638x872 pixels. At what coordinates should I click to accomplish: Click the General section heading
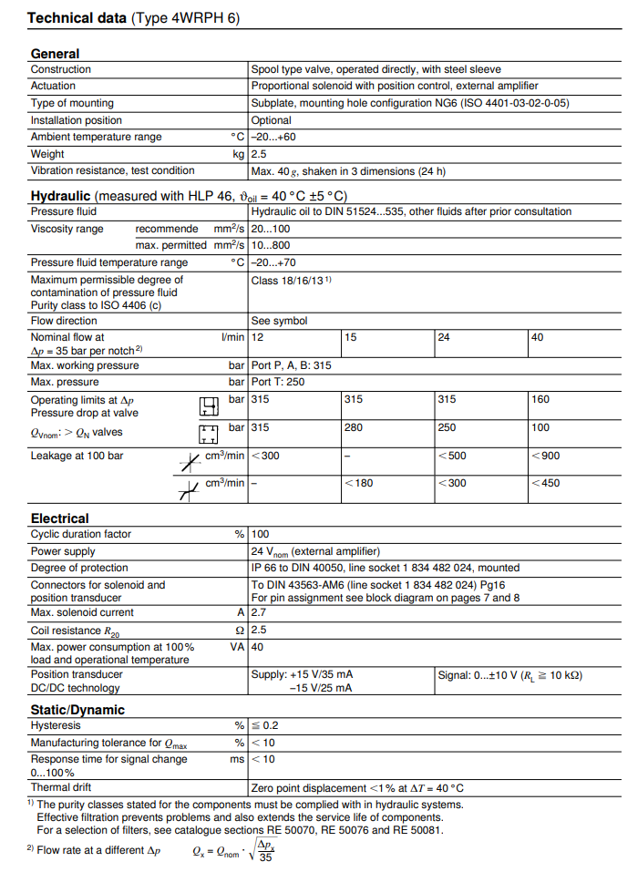coord(55,54)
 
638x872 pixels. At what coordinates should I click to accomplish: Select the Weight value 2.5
coord(259,154)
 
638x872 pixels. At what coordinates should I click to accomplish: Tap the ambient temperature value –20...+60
coord(273,137)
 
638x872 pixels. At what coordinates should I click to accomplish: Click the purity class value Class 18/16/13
coord(291,281)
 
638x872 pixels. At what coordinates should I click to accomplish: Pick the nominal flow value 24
coord(444,337)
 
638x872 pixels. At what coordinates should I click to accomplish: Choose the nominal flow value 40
coord(538,337)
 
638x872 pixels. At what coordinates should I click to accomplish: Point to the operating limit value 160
coord(540,399)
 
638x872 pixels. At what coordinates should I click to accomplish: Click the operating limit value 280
coord(355,427)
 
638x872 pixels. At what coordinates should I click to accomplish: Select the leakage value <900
coord(545,456)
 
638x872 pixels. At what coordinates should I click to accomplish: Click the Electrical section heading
coord(59,518)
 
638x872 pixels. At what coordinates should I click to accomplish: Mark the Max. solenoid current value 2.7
coord(259,612)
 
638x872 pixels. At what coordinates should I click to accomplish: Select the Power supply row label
coord(63,551)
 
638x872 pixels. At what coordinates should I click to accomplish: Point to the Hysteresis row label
coord(56,725)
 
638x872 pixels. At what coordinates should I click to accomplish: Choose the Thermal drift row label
coord(61,787)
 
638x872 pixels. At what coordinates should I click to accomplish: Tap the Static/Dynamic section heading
coord(77,710)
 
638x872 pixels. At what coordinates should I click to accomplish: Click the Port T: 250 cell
coord(278,382)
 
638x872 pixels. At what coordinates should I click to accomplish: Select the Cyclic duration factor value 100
coord(260,534)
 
